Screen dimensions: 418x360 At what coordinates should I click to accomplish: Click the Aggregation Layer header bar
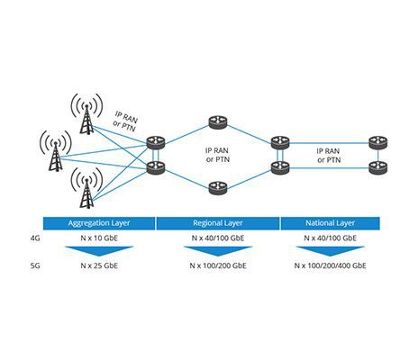click(x=99, y=223)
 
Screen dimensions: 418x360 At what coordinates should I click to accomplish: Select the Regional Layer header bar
click(x=218, y=223)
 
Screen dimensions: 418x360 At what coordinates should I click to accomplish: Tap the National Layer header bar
click(x=330, y=223)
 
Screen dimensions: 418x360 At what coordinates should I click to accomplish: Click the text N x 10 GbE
click(x=99, y=238)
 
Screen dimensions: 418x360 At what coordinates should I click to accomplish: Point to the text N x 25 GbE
click(x=99, y=265)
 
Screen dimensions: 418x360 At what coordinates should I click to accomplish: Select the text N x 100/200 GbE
click(x=218, y=265)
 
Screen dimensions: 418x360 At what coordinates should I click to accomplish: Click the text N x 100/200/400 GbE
click(x=330, y=265)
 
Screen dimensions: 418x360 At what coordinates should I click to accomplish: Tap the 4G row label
click(x=35, y=238)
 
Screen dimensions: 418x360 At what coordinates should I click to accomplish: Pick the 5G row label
click(x=35, y=265)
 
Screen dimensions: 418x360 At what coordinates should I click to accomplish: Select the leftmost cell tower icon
click(x=56, y=150)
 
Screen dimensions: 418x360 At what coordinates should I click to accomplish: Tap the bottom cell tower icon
click(x=86, y=188)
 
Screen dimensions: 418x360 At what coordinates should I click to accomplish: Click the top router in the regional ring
click(x=218, y=122)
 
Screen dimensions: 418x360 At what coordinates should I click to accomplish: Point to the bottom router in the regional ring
click(x=218, y=188)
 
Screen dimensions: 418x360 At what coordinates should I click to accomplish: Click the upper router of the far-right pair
click(x=378, y=142)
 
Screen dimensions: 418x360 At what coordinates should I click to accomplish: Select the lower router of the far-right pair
click(x=378, y=167)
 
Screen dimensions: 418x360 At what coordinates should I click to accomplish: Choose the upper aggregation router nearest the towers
click(x=156, y=142)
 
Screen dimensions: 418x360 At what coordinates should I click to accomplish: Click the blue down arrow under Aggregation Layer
click(x=99, y=251)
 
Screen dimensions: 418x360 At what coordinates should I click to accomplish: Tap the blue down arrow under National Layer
click(x=330, y=251)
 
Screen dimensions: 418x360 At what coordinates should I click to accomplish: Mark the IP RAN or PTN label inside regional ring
click(x=218, y=155)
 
